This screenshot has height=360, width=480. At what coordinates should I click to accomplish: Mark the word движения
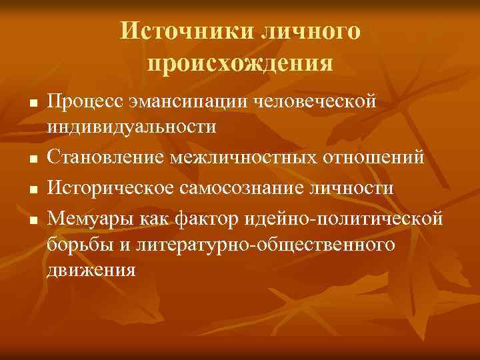(91, 269)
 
